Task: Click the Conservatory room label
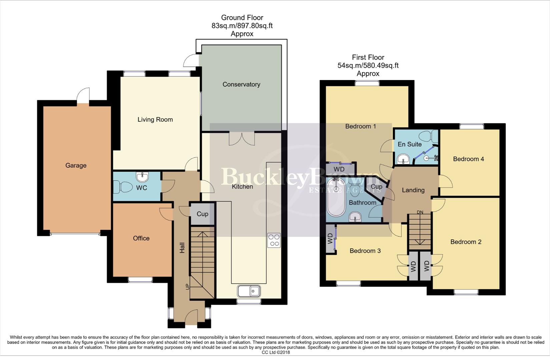pyautogui.click(x=241, y=84)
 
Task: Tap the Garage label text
pyautogui.click(x=76, y=165)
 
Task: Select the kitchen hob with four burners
pyautogui.click(x=274, y=240)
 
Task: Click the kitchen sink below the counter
pyautogui.click(x=249, y=291)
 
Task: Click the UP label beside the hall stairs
pyautogui.click(x=187, y=286)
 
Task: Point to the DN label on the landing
pyautogui.click(x=420, y=212)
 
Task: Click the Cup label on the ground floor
pyautogui.click(x=202, y=214)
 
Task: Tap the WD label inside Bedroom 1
pyautogui.click(x=339, y=169)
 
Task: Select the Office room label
pyautogui.click(x=141, y=238)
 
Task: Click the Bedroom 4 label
pyautogui.click(x=468, y=159)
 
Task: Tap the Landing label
pyautogui.click(x=413, y=190)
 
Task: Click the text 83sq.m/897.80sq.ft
pyautogui.click(x=242, y=26)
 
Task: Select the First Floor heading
pyautogui.click(x=368, y=57)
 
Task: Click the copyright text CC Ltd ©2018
pyautogui.click(x=276, y=352)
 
